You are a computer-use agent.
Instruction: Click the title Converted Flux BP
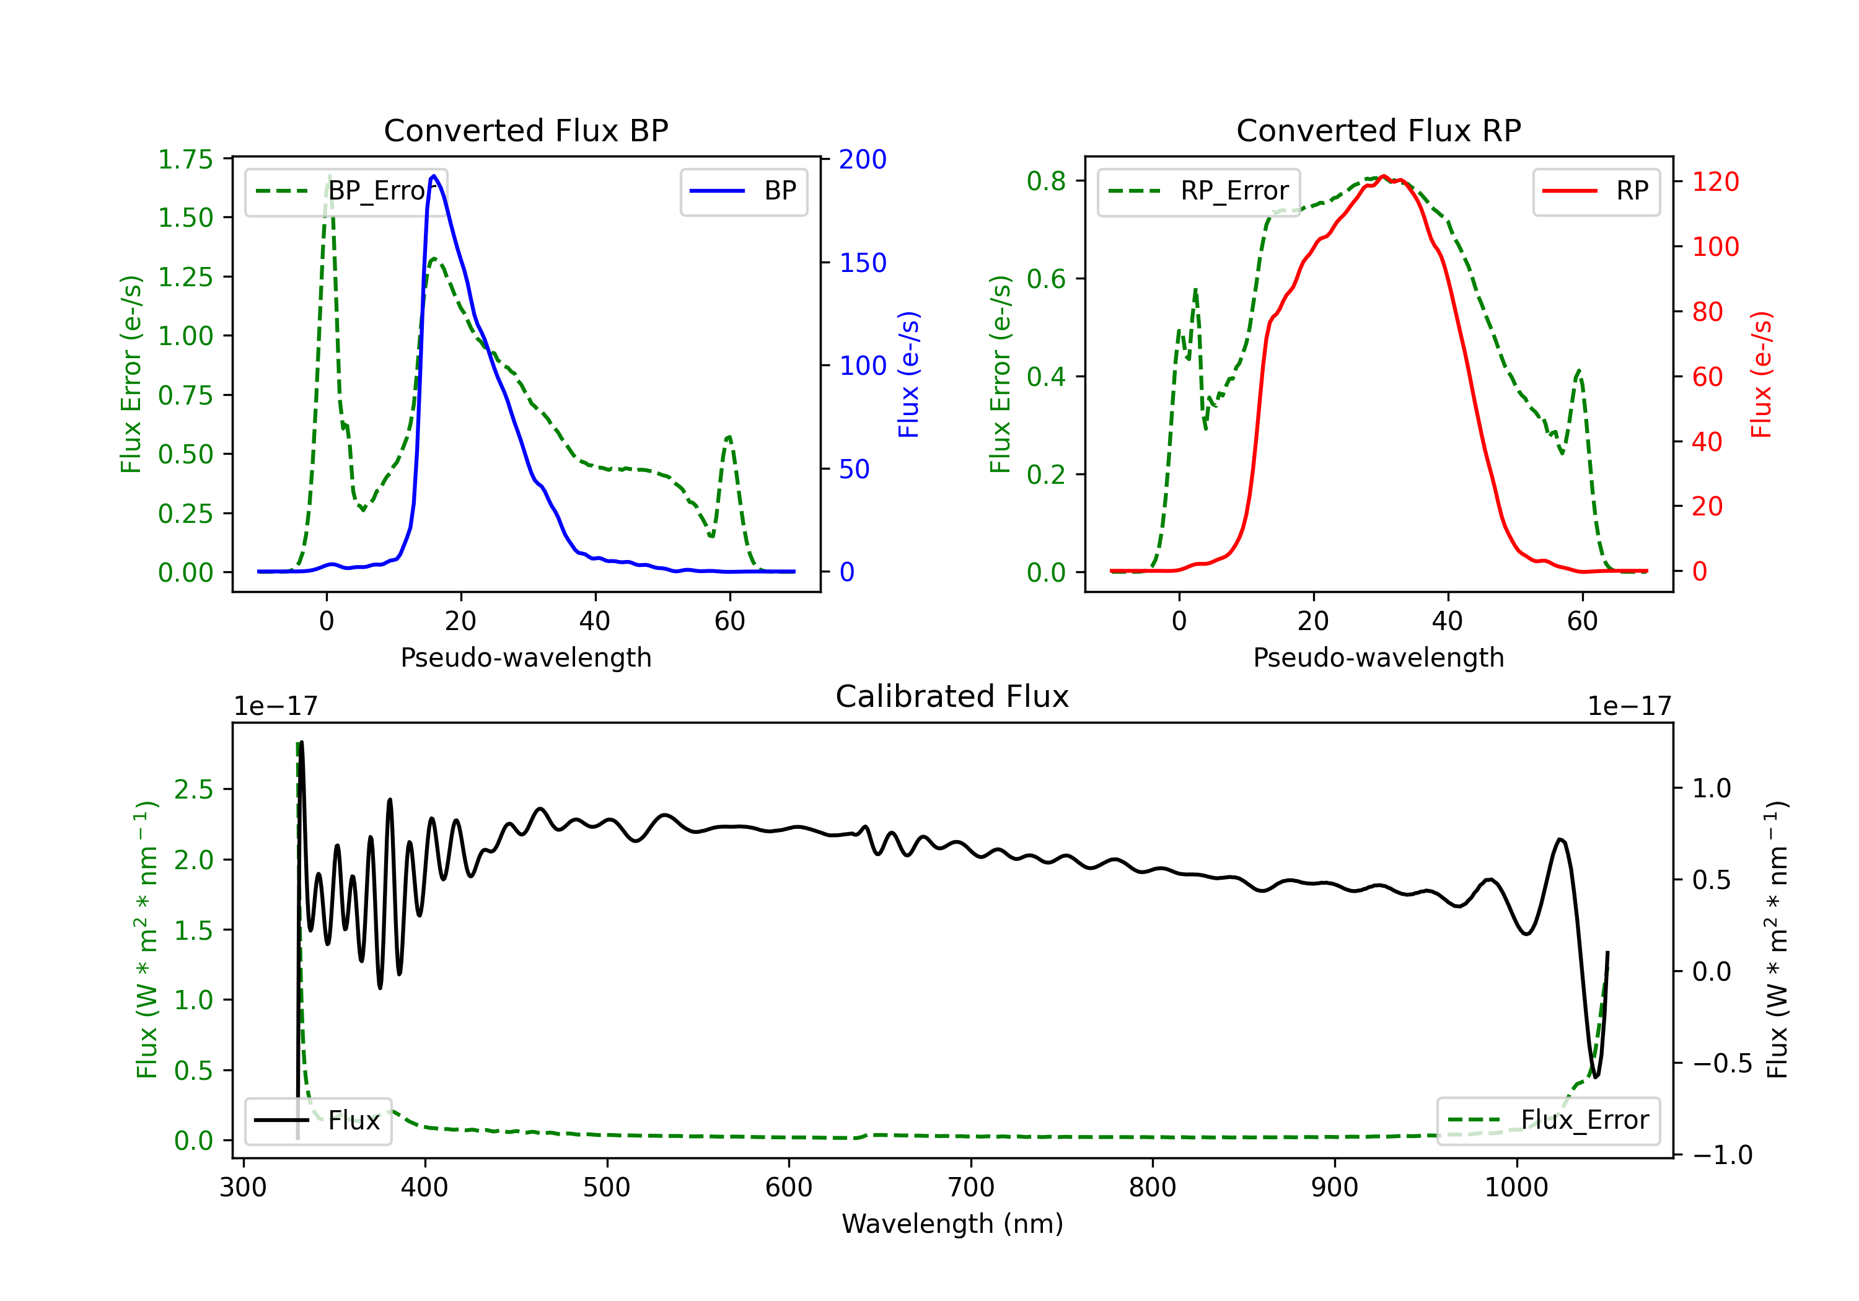coord(525,130)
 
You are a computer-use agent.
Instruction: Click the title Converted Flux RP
coord(1378,130)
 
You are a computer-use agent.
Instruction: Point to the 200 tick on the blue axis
coord(863,159)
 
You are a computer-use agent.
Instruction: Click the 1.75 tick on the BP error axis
coord(185,159)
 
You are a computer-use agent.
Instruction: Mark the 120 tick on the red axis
coord(1715,182)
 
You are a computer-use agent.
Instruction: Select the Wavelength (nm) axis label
coord(952,1224)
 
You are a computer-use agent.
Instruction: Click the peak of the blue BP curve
coord(434,176)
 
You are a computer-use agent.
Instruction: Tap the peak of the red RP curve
coord(1384,177)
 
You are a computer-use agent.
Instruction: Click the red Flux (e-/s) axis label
coord(1761,374)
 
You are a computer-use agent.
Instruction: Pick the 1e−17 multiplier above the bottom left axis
coord(275,706)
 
